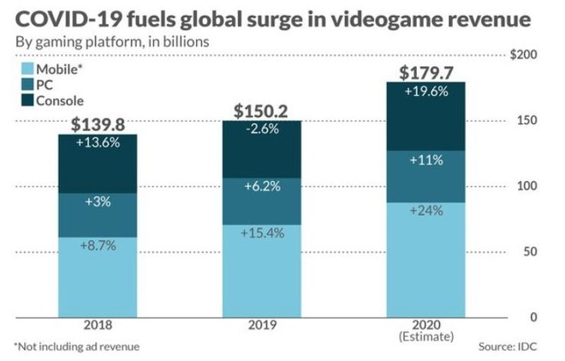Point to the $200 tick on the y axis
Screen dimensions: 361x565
tap(522, 55)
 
